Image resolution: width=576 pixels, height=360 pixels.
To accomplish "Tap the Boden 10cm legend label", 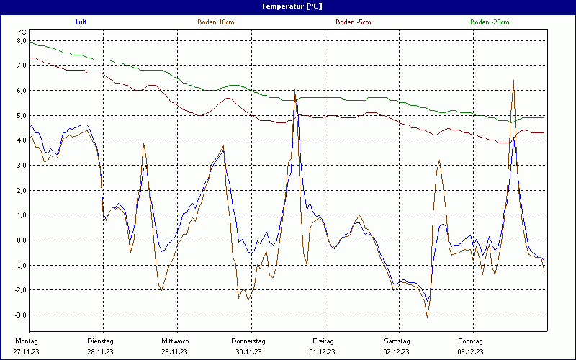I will pos(215,22).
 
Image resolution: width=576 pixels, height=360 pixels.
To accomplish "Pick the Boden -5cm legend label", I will pos(353,22).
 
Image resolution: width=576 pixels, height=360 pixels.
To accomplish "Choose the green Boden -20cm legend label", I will pos(489,22).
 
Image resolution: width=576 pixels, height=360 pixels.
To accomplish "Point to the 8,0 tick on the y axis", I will pos(22,41).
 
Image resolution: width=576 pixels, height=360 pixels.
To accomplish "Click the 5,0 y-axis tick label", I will pos(22,116).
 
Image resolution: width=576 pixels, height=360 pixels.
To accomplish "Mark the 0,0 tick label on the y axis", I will pos(22,240).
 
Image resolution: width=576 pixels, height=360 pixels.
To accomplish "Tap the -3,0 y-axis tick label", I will pos(21,315).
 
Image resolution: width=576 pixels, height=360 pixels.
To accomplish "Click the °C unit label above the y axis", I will pos(23,32).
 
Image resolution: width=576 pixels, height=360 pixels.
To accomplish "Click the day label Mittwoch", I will pos(175,341).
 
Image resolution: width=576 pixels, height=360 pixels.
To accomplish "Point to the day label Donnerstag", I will pos(248,341).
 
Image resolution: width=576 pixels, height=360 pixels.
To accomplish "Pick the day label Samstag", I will pos(397,341).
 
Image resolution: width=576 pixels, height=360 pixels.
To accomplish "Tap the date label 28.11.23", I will pos(100,352).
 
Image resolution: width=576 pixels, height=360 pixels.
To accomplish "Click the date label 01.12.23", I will pos(323,352).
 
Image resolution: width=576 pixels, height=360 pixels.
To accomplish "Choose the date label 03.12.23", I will pos(471,352).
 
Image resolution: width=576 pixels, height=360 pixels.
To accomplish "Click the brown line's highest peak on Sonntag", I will pos(513,81).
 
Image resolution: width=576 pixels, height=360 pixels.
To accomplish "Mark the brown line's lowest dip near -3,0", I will pos(427,317).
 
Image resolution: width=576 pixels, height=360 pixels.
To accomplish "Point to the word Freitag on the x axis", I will pos(323,341).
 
